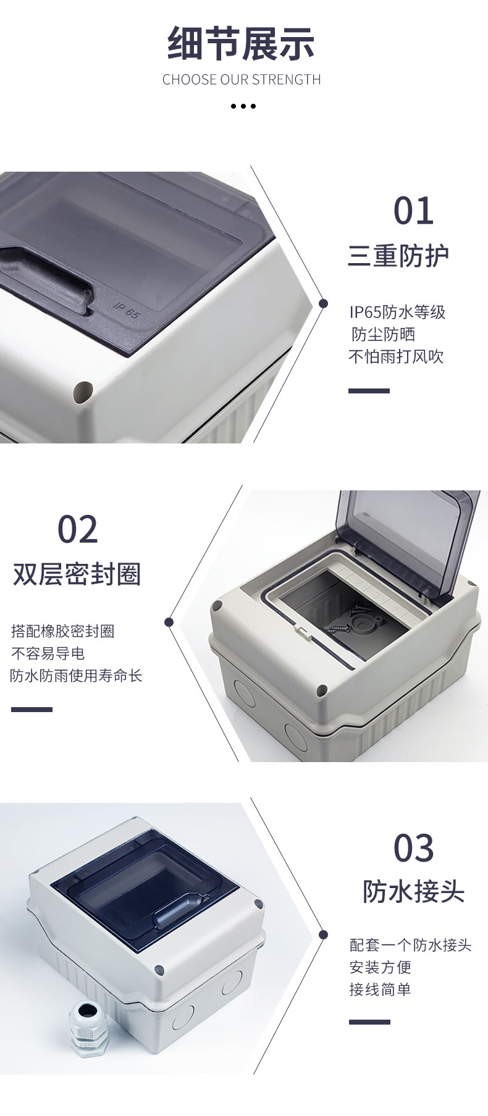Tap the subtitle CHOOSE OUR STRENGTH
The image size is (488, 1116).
(x=242, y=80)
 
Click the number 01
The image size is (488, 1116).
(x=413, y=211)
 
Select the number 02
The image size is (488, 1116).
(x=77, y=529)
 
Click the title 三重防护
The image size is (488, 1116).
(x=398, y=256)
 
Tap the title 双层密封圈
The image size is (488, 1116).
(x=77, y=574)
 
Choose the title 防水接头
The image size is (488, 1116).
(x=413, y=892)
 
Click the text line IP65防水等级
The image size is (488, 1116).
(x=397, y=312)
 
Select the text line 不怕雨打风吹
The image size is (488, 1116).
(x=396, y=357)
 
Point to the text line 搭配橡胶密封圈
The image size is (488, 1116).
(x=63, y=631)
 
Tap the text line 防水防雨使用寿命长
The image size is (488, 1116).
(x=77, y=676)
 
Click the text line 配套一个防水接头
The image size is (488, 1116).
(x=411, y=945)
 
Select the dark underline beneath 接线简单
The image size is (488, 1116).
(x=369, y=1022)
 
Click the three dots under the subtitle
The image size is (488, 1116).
(x=243, y=106)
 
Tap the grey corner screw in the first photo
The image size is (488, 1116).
(x=83, y=391)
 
